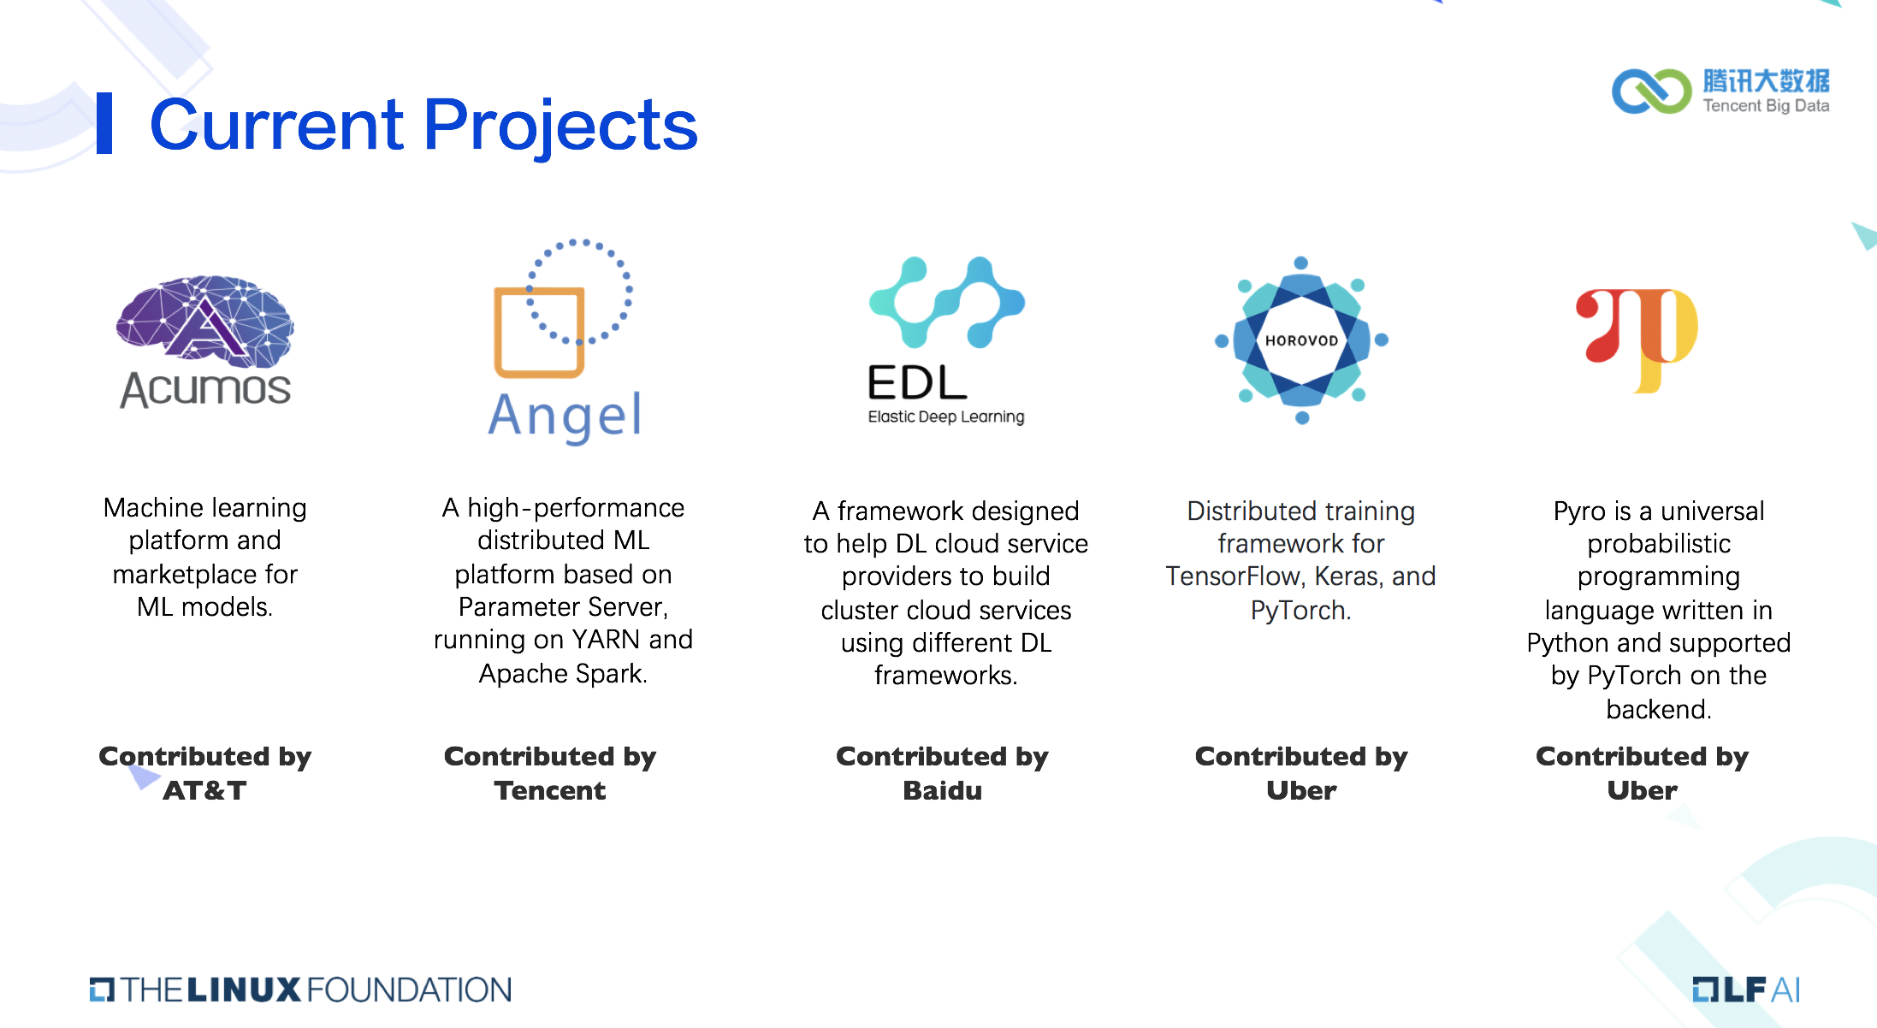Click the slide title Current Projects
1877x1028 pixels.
pos(423,125)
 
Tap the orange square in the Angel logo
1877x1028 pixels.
pos(539,333)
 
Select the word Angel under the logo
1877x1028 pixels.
pos(565,417)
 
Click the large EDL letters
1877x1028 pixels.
pos(917,382)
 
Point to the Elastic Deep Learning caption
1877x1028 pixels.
pos(946,417)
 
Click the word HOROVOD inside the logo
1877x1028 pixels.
pos(1301,340)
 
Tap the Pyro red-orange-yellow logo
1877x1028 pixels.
pos(1637,340)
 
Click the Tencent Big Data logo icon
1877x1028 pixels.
pos(1652,92)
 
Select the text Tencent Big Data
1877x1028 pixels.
pos(1766,106)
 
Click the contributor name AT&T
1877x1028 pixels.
pos(204,790)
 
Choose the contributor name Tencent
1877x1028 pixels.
pos(550,790)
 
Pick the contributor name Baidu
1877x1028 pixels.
pos(943,790)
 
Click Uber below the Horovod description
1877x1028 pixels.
pos(1301,790)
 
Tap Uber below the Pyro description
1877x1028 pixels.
pos(1642,790)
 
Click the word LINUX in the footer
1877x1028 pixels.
pos(244,990)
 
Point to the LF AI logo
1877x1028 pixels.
pos(1746,990)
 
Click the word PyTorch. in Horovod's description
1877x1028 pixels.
pos(1300,611)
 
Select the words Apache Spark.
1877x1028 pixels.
pos(563,674)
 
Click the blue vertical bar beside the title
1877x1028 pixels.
pos(104,123)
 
